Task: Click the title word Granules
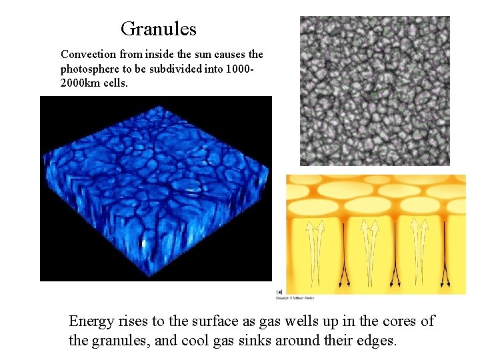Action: [x=159, y=29]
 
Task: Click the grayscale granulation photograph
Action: [x=375, y=91]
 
